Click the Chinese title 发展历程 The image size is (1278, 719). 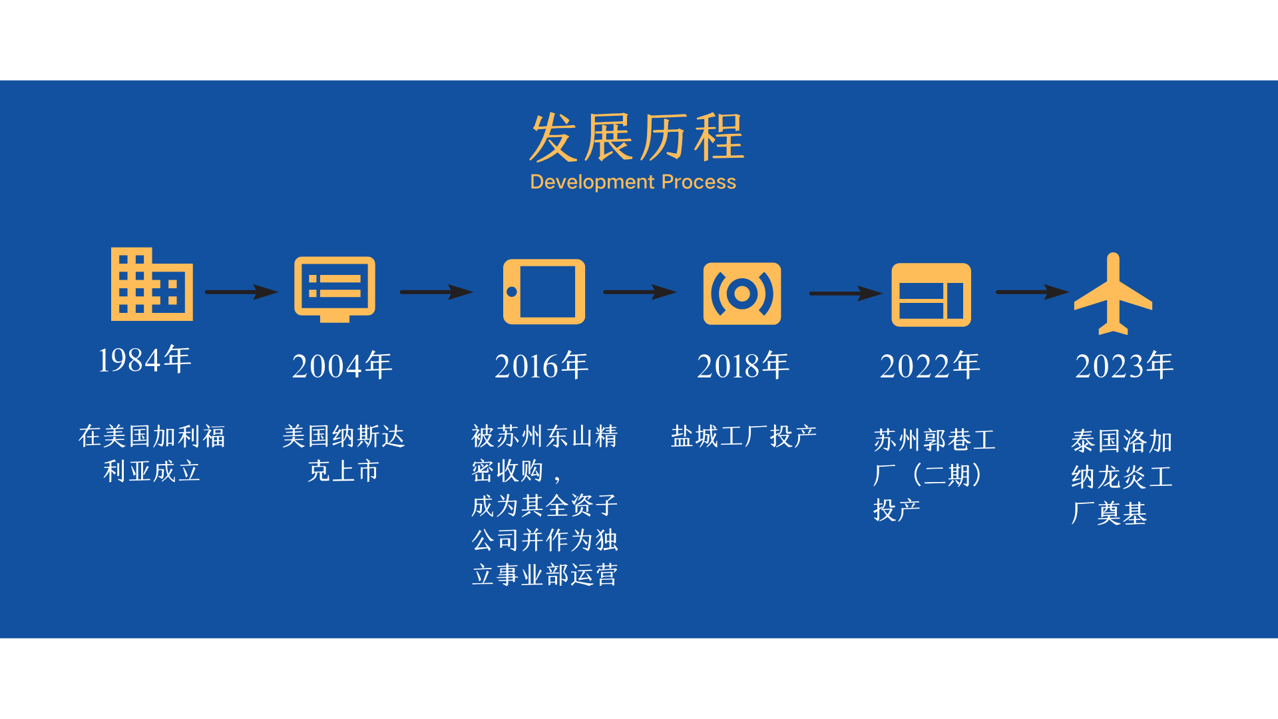637,137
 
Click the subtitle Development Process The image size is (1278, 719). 633,182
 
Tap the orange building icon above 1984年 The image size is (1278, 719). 152,284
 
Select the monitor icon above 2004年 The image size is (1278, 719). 335,289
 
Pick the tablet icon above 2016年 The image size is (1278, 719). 544,292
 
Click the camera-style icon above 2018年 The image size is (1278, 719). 742,294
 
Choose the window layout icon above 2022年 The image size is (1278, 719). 931,295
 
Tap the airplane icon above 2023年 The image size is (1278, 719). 1113,293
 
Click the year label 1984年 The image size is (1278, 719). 144,359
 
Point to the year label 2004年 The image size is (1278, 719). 342,365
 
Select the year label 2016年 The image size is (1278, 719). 542,365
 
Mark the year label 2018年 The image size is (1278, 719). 743,365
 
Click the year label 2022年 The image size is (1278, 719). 930,365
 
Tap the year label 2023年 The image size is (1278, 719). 1124,365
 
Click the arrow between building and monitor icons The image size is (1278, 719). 242,292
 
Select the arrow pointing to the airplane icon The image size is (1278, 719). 1032,292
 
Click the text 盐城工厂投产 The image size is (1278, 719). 744,436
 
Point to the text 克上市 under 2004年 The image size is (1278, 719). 343,471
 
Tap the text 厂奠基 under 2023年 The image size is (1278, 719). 1110,513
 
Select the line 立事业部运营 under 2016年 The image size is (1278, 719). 545,575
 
